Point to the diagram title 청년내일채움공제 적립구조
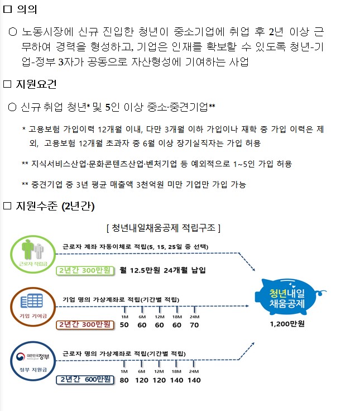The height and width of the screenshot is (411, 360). pyautogui.click(x=163, y=228)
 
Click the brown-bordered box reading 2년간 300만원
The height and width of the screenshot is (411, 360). pyautogui.click(x=85, y=324)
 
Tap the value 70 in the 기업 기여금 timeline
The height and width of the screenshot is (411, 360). pyautogui.click(x=194, y=324)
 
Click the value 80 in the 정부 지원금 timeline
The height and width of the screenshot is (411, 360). pyautogui.click(x=124, y=380)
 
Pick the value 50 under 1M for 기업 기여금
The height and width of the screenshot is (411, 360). pyautogui.click(x=124, y=324)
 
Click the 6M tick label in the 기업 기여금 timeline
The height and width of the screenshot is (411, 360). pyautogui.click(x=142, y=317)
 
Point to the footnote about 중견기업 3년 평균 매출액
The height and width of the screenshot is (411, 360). pyautogui.click(x=134, y=184)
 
